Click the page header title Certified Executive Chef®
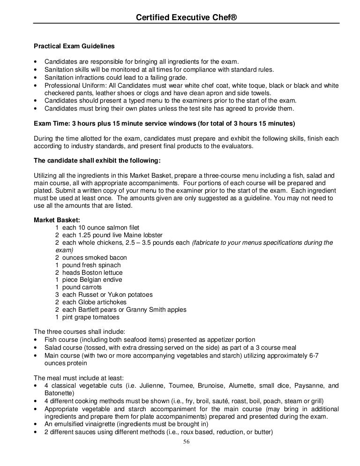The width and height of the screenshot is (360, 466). click(x=186, y=17)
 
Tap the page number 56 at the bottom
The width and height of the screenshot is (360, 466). click(x=186, y=441)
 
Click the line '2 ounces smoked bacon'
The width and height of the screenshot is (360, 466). click(x=90, y=258)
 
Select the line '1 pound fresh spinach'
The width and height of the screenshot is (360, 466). click(x=88, y=265)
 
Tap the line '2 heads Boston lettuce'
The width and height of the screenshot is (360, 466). click(x=89, y=272)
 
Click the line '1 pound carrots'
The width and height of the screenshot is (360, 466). click(x=78, y=287)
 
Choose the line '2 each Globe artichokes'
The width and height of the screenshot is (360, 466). click(x=91, y=302)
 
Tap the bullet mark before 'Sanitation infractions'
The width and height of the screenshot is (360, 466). click(x=36, y=77)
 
